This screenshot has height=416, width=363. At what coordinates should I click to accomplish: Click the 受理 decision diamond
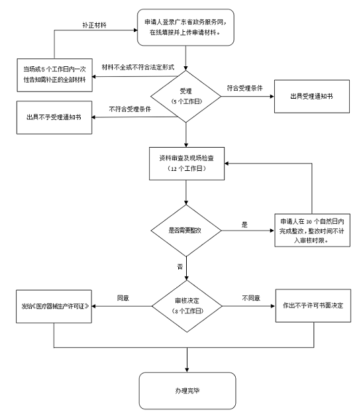point(185,96)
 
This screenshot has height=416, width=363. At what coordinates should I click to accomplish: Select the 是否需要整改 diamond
point(185,231)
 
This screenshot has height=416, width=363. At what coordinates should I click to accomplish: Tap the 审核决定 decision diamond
point(187,306)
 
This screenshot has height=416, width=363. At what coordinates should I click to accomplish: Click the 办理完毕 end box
point(187,391)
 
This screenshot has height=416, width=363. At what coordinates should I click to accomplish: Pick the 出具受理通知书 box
point(312,96)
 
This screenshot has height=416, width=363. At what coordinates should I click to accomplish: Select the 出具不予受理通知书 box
point(54,117)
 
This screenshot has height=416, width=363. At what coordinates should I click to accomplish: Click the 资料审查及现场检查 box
point(187,164)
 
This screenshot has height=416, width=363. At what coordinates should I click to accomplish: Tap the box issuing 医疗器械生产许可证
point(54,306)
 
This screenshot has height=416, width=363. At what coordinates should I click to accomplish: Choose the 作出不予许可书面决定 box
point(313,305)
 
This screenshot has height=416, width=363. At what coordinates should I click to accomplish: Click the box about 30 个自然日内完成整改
point(312,231)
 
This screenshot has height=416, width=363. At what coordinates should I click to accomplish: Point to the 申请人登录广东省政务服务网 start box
point(185,27)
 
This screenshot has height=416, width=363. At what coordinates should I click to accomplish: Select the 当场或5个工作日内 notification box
point(55,75)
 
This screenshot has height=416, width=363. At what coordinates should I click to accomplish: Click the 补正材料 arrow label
point(94,25)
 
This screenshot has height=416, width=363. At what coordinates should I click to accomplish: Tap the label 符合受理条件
point(244,88)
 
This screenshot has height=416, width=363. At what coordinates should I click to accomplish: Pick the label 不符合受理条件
point(130,109)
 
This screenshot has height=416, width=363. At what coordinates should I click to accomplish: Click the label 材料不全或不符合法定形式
point(138,67)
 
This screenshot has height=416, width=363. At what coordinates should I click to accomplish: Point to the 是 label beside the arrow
point(244,225)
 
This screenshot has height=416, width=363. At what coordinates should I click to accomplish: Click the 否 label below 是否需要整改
point(180,267)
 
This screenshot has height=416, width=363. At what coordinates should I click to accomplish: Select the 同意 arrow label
point(123,298)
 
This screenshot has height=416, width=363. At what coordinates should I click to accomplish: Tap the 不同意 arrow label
point(251,298)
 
